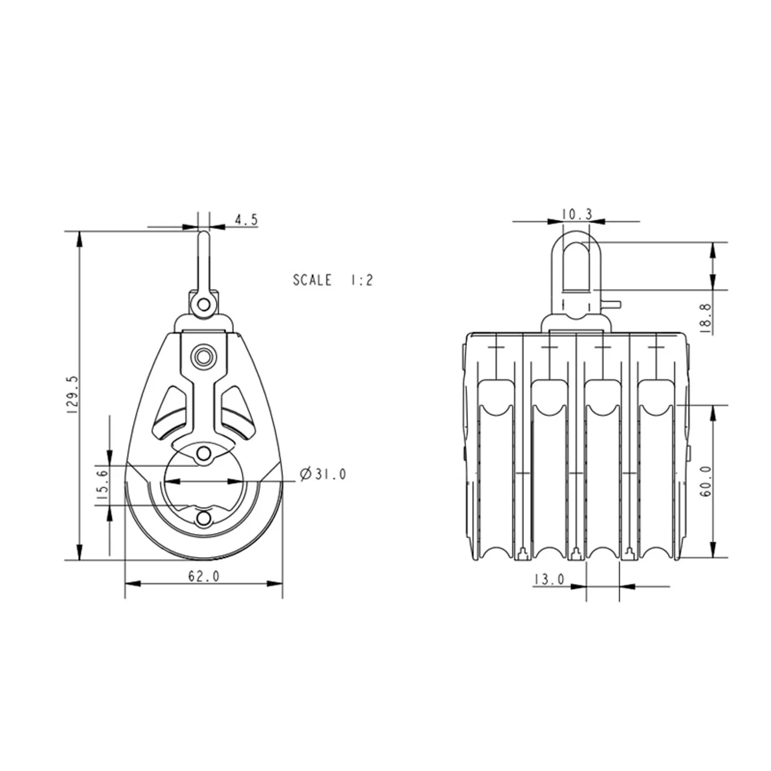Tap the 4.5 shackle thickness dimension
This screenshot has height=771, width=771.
(246, 220)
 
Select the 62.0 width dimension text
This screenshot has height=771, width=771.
(204, 576)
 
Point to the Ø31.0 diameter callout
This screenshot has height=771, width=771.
(323, 475)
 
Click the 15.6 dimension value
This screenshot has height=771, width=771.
(102, 484)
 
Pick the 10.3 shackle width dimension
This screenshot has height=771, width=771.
(577, 215)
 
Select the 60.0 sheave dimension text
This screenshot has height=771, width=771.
(706, 481)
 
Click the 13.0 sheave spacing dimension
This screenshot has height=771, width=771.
(549, 579)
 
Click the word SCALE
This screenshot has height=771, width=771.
(312, 280)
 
